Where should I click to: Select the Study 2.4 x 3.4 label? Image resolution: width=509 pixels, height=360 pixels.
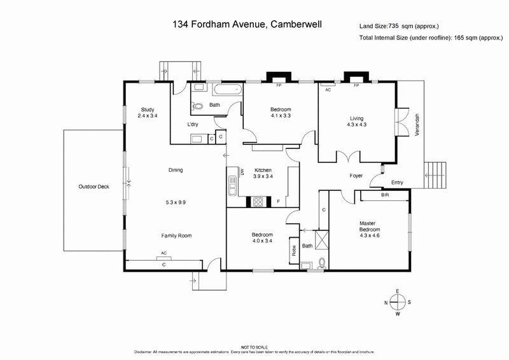[147, 113]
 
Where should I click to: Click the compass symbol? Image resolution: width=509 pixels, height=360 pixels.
[398, 302]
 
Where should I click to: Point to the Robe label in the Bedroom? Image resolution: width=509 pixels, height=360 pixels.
[294, 250]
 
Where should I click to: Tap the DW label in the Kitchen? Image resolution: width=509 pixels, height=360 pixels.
[242, 172]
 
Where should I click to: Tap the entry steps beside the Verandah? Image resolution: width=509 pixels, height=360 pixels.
[436, 174]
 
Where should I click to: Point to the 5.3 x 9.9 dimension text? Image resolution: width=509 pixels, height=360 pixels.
[176, 202]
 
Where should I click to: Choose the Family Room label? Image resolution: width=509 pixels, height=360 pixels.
[176, 235]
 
